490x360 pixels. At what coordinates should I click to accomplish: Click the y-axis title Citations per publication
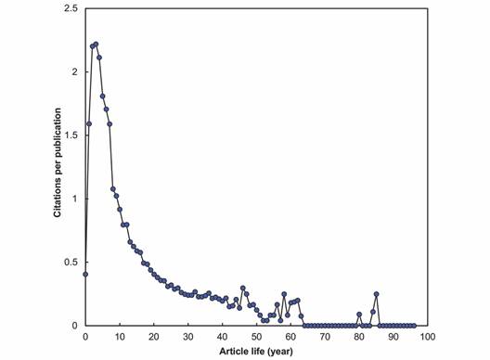(57, 166)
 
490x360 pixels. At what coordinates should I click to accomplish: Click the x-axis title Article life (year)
(256, 352)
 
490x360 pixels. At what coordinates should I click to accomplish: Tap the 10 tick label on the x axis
(120, 336)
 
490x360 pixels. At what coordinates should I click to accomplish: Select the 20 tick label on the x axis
(154, 336)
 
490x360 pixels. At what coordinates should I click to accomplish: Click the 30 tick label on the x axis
(188, 336)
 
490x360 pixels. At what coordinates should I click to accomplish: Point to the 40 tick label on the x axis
(223, 336)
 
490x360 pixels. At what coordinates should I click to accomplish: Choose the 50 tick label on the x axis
(256, 336)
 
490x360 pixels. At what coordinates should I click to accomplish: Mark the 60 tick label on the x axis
(290, 336)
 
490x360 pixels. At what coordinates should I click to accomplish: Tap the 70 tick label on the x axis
(325, 336)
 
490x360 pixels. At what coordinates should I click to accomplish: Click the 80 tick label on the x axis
(359, 336)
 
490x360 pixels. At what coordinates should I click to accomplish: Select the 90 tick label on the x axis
(393, 336)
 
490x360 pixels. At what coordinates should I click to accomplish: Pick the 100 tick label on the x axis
(428, 336)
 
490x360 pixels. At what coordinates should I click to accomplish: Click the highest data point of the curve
(96, 44)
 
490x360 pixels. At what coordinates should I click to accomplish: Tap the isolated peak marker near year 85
(377, 294)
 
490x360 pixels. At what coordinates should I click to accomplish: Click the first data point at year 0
(85, 274)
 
